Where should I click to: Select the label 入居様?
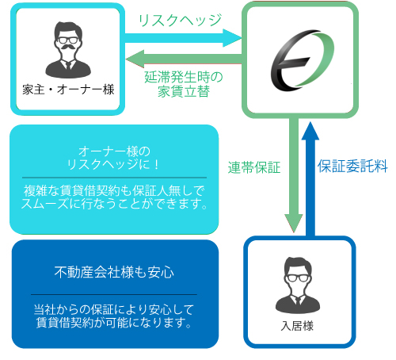pos(297,324)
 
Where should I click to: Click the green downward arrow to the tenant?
pos(292,174)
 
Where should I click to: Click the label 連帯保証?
pos(255,167)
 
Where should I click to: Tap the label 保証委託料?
pos(352,167)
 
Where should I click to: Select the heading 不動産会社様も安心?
pos(115,273)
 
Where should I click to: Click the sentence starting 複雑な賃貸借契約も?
pos(114,197)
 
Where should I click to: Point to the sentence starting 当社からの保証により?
pos(114,316)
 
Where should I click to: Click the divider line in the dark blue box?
pos(115,294)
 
